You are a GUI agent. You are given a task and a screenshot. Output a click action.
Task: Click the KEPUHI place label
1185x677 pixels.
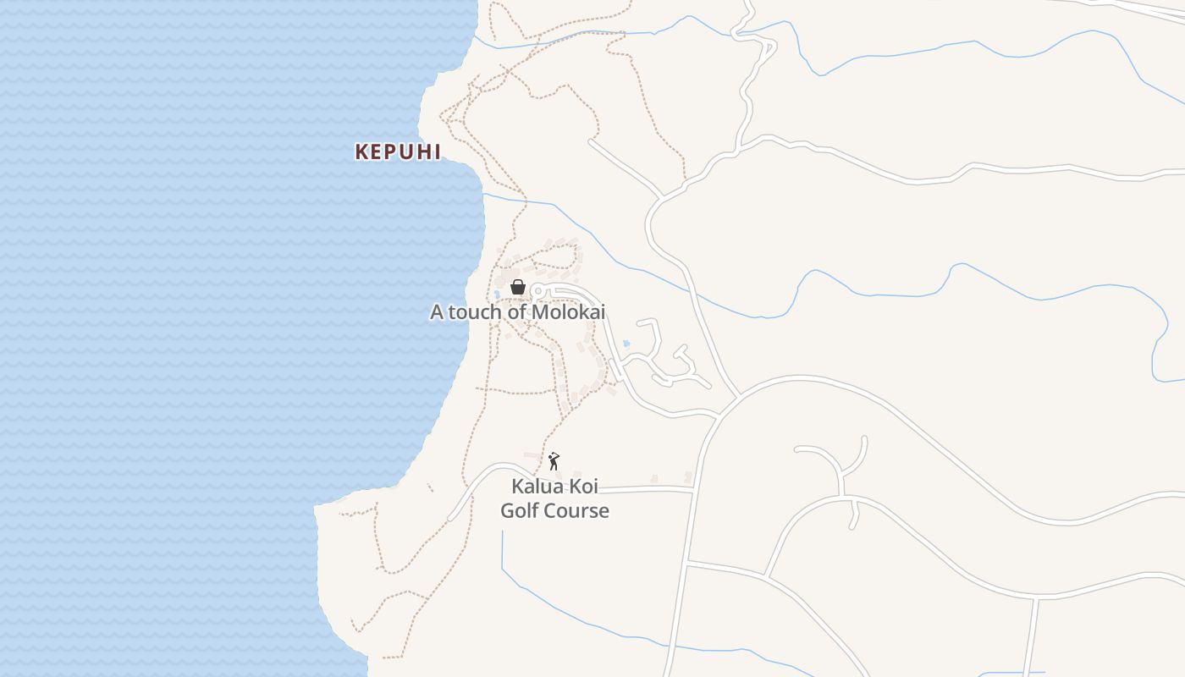(x=398, y=152)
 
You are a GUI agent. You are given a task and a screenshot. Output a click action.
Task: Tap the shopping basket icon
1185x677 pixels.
(x=518, y=288)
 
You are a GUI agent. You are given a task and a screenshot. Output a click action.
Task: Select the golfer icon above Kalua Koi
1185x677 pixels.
(x=554, y=461)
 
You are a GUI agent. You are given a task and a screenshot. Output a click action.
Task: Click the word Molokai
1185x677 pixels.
(x=568, y=312)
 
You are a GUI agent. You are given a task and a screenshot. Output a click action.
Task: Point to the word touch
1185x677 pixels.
(x=476, y=312)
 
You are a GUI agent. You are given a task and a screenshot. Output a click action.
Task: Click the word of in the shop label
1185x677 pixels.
(x=518, y=312)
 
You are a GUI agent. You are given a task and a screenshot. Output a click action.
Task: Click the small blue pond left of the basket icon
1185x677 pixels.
(x=497, y=294)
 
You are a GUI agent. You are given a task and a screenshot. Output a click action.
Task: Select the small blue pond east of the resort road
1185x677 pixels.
(x=626, y=344)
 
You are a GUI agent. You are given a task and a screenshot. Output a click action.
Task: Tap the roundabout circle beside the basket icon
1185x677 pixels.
(x=537, y=292)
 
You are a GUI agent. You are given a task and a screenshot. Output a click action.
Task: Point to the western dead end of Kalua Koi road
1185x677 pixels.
(x=450, y=518)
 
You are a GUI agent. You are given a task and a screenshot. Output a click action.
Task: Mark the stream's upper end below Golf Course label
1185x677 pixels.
(x=502, y=532)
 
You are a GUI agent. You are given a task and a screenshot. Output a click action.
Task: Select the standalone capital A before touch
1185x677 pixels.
(x=437, y=312)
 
